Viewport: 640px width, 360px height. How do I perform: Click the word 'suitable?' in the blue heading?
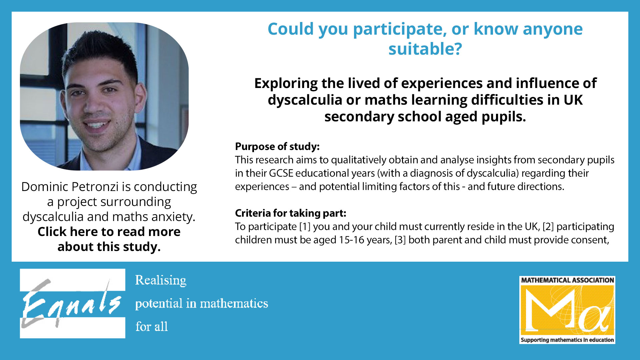click(x=425, y=49)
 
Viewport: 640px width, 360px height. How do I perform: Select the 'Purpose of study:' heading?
click(x=277, y=146)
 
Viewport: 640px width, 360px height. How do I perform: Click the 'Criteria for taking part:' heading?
click(x=291, y=213)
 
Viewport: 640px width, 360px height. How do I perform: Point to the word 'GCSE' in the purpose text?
click(x=281, y=173)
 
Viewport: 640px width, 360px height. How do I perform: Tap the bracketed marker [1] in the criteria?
click(x=305, y=227)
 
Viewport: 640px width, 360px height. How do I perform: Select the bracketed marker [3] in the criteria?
click(x=400, y=240)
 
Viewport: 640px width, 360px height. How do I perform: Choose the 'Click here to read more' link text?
click(x=109, y=232)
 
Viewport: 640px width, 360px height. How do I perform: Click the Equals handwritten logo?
click(x=72, y=303)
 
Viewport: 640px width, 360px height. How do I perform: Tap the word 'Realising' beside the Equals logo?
click(x=161, y=281)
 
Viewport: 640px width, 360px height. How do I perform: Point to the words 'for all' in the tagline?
click(x=152, y=327)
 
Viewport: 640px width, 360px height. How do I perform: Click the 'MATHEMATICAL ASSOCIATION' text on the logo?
click(x=567, y=280)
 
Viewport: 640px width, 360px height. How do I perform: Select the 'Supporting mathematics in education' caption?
click(x=567, y=340)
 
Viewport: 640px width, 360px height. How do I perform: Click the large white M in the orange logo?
click(x=550, y=309)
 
